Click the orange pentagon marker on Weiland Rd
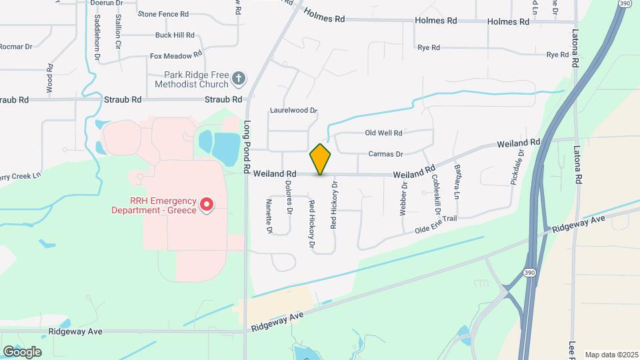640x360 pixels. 320,159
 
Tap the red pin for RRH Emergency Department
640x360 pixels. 207,203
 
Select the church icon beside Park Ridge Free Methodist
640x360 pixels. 239,80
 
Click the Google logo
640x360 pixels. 22,352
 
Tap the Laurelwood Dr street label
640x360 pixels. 293,110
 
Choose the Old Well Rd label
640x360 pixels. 383,133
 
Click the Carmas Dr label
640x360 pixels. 386,154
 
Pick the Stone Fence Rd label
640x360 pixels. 163,13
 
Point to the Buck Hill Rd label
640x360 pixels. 174,35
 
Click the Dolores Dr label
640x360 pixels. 289,197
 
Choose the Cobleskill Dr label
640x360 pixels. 437,193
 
